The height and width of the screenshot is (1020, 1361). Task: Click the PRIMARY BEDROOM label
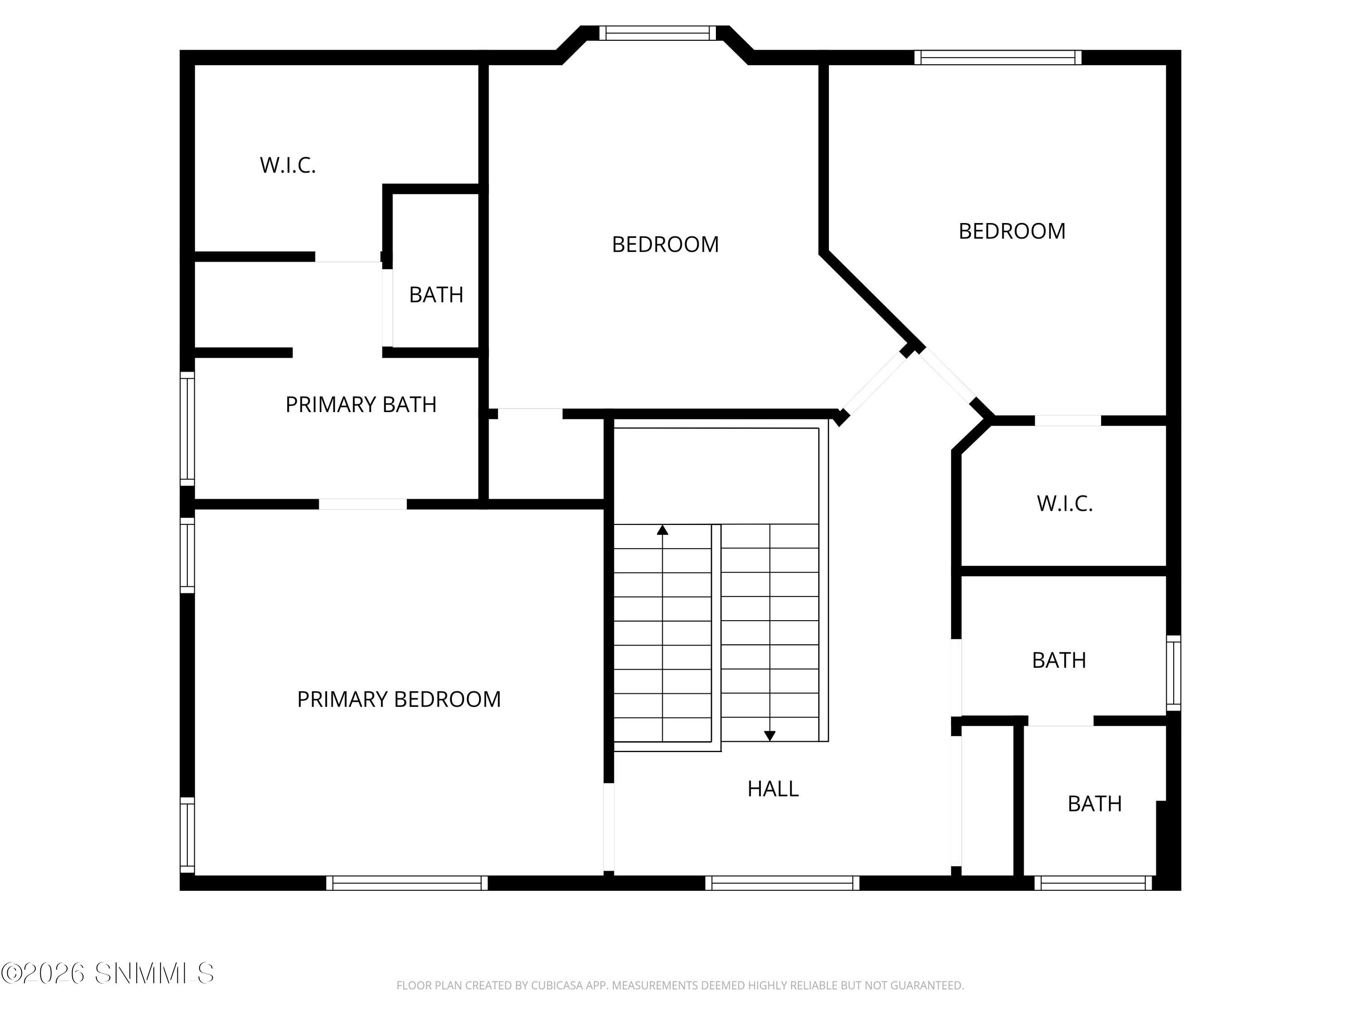click(x=399, y=699)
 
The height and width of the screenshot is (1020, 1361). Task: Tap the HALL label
click(x=773, y=789)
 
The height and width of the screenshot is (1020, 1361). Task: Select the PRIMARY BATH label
click(x=361, y=404)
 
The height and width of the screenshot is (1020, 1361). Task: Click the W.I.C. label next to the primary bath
click(x=287, y=165)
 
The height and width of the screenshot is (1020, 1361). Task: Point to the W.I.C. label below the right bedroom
click(x=1064, y=504)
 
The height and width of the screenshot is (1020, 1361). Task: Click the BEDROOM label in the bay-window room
click(x=665, y=245)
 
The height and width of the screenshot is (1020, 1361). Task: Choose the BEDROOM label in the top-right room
click(x=1012, y=231)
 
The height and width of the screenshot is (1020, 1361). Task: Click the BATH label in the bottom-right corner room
click(x=1095, y=804)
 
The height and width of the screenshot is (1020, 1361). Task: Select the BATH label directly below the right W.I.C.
click(x=1058, y=661)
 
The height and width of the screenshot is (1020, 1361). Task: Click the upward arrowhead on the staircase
click(x=662, y=530)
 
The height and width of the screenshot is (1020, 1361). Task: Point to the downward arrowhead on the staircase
click(x=769, y=735)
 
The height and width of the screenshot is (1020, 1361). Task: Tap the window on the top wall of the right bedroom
click(x=997, y=58)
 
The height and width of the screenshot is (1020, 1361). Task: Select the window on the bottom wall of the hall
click(x=782, y=883)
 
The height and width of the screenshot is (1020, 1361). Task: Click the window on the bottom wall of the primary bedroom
click(x=406, y=883)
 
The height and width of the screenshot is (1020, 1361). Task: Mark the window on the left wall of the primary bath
click(x=187, y=428)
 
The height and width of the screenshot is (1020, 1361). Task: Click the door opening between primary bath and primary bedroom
click(x=362, y=504)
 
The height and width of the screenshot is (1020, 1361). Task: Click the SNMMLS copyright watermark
click(x=108, y=973)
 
